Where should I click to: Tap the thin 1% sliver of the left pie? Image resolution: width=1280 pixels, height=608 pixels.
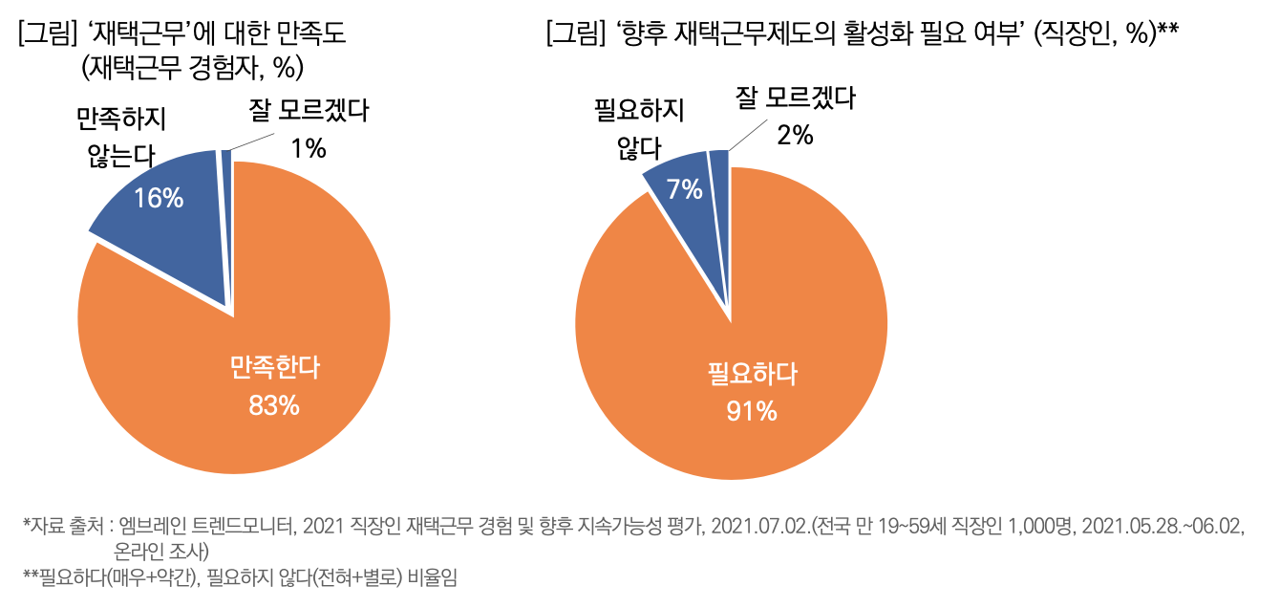tap(226, 163)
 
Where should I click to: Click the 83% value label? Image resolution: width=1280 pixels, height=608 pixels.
tap(274, 405)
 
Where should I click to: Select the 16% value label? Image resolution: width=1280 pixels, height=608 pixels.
tap(159, 198)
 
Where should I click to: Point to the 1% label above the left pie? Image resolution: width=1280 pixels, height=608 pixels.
tap(309, 148)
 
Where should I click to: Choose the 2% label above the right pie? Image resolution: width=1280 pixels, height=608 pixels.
tap(795, 136)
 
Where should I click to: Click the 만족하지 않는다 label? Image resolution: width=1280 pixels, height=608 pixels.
tap(121, 136)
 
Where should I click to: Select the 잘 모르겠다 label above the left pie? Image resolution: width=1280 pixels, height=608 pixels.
tap(309, 112)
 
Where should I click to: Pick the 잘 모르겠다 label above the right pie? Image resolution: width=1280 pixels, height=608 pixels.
tap(795, 98)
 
